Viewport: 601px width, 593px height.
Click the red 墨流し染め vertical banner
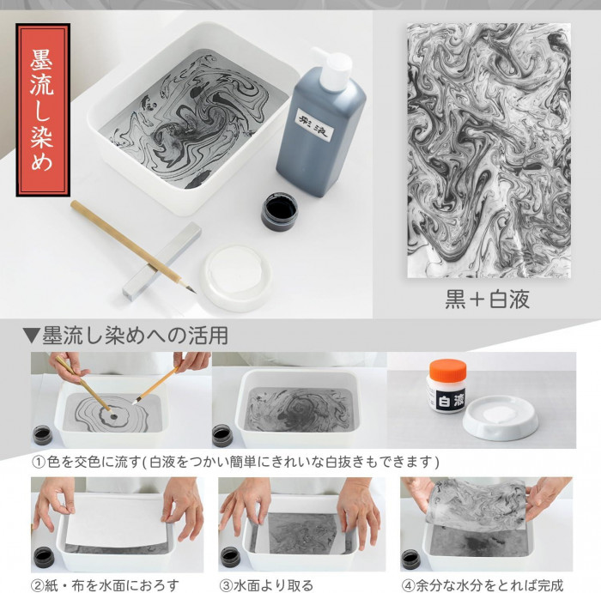(43, 110)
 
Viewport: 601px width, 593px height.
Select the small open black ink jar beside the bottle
(279, 211)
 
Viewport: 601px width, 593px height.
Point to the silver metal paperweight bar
(161, 261)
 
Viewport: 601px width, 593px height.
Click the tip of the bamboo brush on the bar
(195, 293)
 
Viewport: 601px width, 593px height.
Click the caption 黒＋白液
(488, 300)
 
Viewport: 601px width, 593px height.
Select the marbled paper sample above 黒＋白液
(489, 150)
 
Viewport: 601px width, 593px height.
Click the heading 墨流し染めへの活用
(135, 336)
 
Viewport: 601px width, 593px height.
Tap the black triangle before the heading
(31, 336)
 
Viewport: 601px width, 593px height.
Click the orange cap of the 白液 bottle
(447, 370)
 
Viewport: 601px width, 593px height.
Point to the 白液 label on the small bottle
(451, 400)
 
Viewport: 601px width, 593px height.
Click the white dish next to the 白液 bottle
(501, 419)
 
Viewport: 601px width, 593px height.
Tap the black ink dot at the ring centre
(113, 416)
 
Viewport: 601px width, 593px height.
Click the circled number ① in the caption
(39, 463)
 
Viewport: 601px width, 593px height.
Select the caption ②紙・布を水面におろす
(105, 585)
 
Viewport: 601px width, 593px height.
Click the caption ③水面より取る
(266, 585)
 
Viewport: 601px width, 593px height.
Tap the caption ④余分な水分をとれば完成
(483, 585)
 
